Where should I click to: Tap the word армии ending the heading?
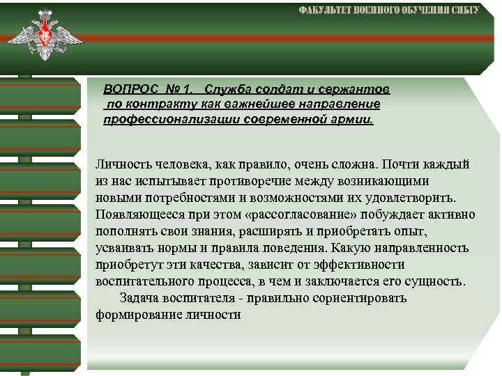356,119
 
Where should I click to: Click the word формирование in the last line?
137,315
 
